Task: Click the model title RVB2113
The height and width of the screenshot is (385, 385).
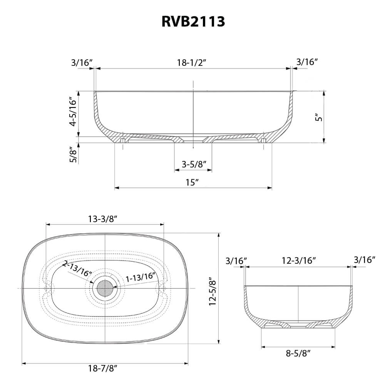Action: tap(192, 22)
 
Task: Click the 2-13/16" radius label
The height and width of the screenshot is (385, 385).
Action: tap(77, 268)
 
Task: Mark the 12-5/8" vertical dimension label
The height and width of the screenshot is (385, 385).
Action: tap(212, 291)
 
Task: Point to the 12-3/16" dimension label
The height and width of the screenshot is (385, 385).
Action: tap(299, 260)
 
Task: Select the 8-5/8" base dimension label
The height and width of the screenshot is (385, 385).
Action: tap(298, 353)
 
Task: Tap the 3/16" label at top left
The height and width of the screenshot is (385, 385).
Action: tap(82, 62)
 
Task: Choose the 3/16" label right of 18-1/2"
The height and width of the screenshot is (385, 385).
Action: tap(307, 62)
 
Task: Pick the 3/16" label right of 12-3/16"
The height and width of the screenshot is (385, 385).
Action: tap(364, 260)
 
